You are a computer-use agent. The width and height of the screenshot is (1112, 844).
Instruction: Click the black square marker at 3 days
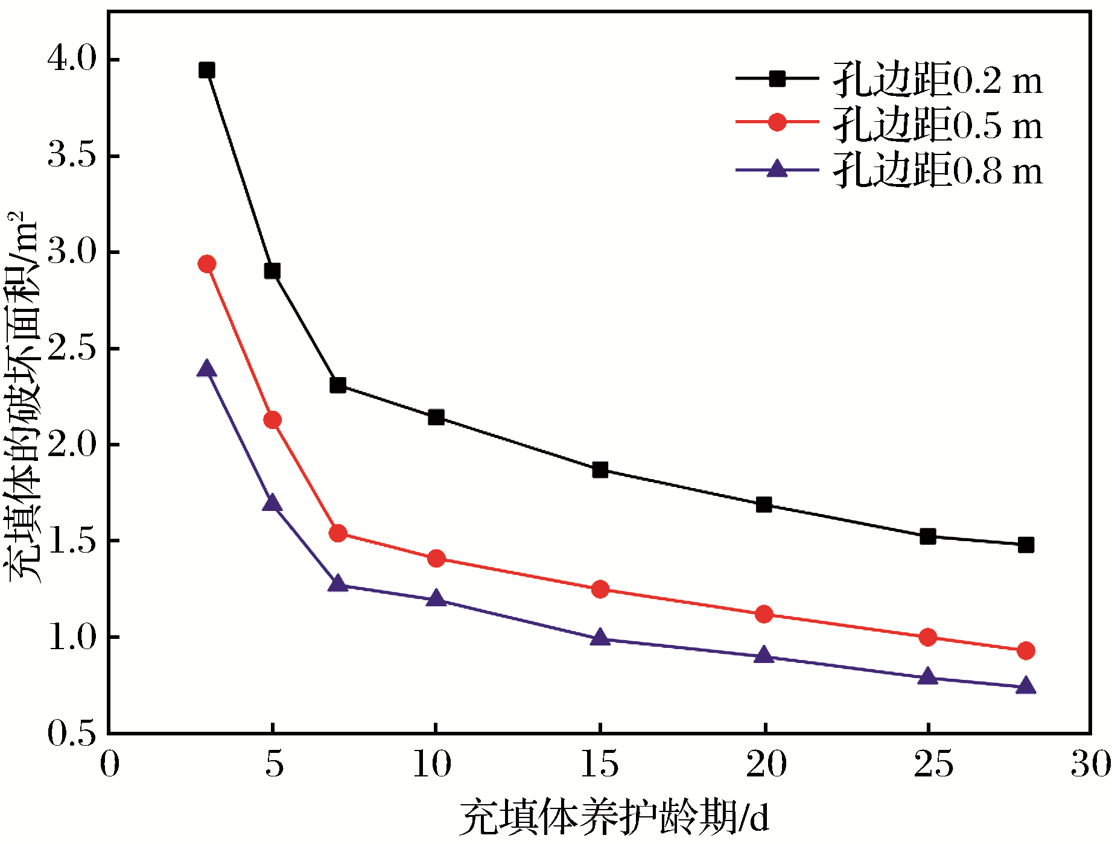207,71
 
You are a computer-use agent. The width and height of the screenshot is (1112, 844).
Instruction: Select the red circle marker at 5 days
272,420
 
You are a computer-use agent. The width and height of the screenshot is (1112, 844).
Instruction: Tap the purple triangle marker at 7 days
338,584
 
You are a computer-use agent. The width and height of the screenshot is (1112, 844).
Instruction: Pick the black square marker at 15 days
600,470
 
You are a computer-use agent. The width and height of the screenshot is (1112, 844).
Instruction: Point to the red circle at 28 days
1026,651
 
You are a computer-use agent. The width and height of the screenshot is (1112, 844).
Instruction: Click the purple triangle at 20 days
764,656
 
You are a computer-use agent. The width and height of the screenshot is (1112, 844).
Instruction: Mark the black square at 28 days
1026,545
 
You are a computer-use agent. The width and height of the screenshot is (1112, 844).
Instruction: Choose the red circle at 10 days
436,559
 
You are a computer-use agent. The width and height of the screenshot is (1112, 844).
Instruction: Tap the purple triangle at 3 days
207,369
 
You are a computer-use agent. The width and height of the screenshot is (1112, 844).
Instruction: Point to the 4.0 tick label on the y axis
72,59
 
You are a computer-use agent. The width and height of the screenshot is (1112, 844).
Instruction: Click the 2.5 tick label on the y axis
72,348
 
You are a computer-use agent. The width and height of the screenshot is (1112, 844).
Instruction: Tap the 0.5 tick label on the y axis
72,734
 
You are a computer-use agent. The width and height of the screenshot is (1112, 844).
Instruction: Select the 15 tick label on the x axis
600,764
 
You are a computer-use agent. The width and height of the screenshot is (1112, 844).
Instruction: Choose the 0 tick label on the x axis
109,764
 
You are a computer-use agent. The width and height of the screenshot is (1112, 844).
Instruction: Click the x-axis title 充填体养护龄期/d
614,819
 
